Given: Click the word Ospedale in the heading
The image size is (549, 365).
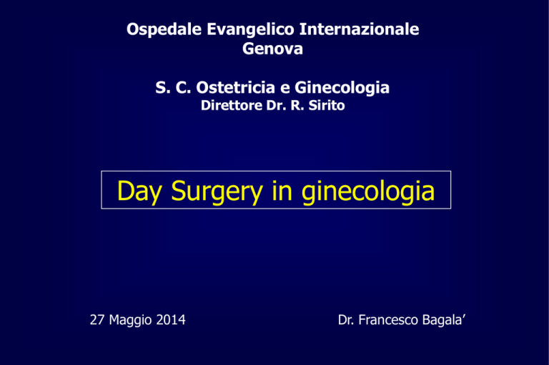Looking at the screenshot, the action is point(164,30).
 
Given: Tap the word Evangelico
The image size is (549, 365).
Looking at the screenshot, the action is point(250,30).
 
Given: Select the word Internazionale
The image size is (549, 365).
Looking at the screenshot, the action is point(360,29).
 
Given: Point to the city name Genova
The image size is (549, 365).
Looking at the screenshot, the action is point(273,49).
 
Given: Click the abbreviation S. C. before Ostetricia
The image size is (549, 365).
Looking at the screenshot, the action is point(173,87).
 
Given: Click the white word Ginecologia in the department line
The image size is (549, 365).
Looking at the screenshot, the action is point(342,88).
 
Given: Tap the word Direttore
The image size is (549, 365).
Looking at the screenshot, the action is point(232,105).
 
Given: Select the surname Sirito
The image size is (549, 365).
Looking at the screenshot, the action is point(327,105).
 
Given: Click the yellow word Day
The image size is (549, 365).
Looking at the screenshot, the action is point(139,191).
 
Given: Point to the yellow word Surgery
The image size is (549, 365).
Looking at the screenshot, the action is point(217,191).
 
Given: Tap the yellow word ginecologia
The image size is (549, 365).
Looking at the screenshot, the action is point(368,191).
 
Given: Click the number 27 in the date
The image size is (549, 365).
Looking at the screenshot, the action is point(97,320).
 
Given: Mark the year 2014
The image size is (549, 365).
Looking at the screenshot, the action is point(171,320).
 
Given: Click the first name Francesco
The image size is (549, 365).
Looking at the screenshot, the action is point(388,320).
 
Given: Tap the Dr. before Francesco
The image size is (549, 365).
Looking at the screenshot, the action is point(346,320).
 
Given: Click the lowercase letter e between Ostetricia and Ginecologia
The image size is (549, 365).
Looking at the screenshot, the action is point(285,89).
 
